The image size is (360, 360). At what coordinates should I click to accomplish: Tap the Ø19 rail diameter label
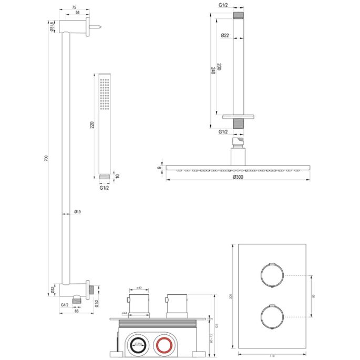[x=77, y=212]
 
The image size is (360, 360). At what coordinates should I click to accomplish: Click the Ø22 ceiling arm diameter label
[x=225, y=36]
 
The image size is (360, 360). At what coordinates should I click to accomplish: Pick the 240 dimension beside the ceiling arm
[x=212, y=71]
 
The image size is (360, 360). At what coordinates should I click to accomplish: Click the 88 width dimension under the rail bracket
[x=77, y=311]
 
